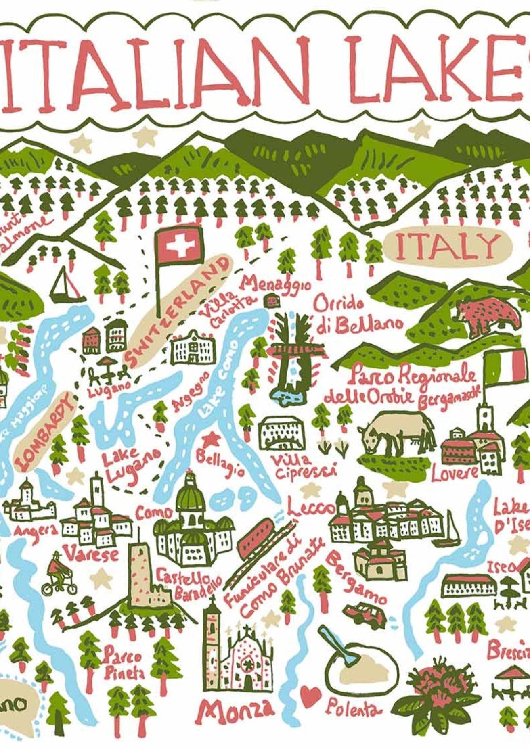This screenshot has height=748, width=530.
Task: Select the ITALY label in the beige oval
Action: point(447,246)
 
